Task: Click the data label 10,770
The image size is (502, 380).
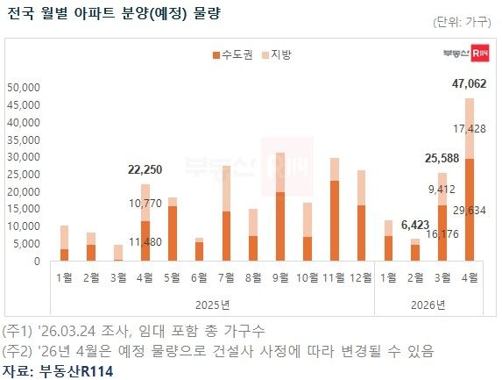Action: (x=144, y=203)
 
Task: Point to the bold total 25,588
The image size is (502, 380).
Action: (x=442, y=158)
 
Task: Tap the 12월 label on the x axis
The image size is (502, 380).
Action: (x=361, y=278)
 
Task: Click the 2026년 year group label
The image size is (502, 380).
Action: (x=429, y=305)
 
